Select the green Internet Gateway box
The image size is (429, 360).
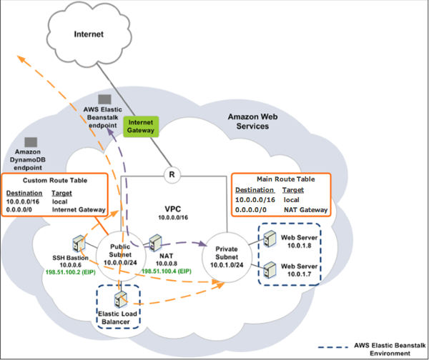pos(140,126)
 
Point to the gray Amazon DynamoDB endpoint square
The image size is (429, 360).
pos(31,143)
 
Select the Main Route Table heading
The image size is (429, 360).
pos(282,179)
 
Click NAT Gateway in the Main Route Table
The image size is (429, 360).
pos(305,210)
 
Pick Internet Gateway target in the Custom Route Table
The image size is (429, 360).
pos(79,211)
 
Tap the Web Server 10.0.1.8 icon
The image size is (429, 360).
pos(270,239)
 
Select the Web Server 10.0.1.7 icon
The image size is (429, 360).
pos(270,271)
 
